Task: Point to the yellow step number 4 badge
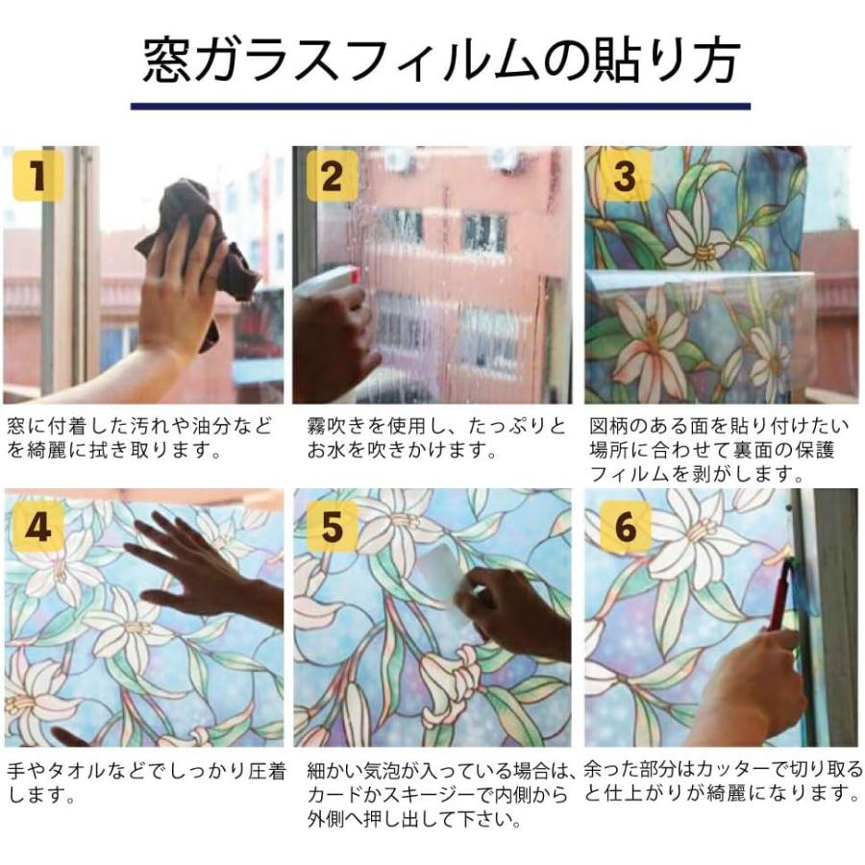[x=37, y=524]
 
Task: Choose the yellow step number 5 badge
[x=332, y=524]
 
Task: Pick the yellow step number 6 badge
[x=625, y=524]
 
